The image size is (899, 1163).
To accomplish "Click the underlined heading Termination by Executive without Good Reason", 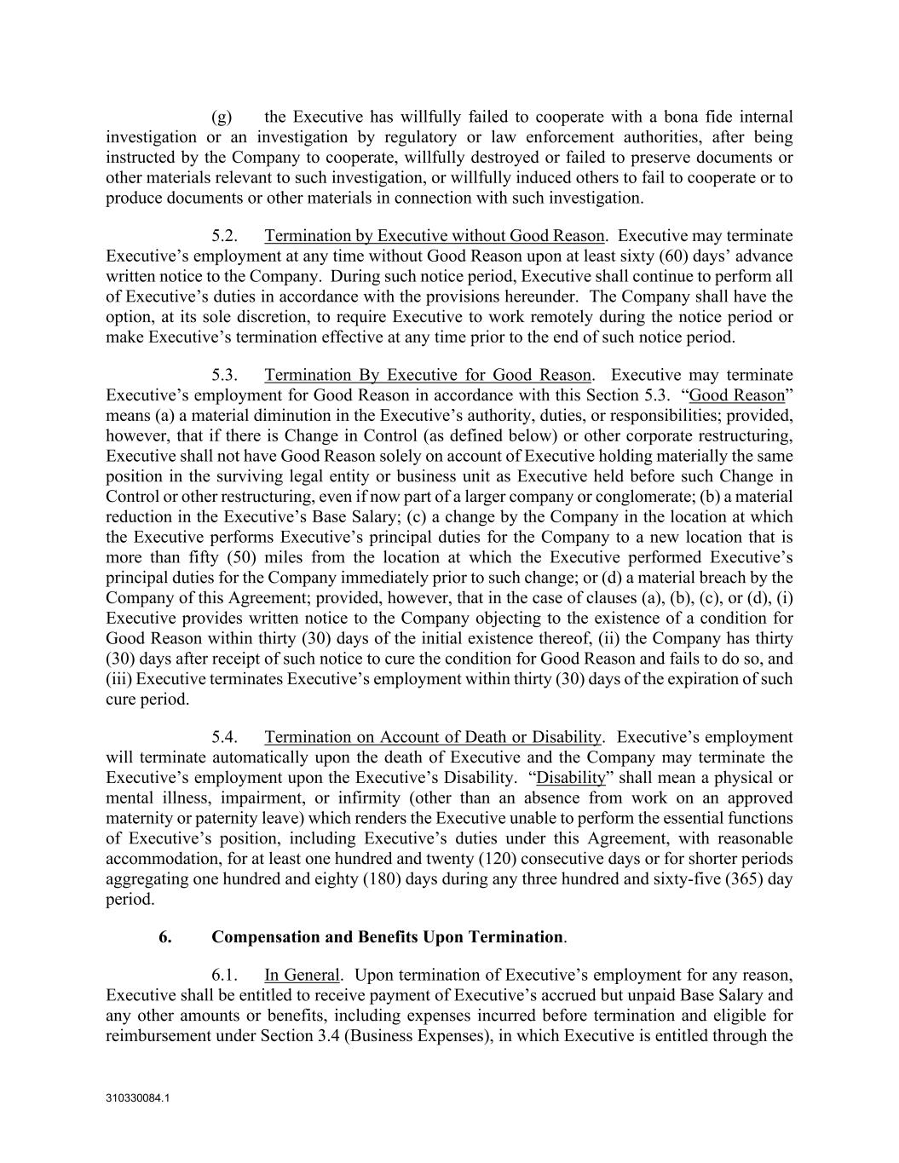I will pos(435,235).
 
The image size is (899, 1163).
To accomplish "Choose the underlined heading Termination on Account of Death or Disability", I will pos(433,737).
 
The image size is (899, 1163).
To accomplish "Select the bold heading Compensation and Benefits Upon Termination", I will pos(387,937).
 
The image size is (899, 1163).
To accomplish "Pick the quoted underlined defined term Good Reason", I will pos(736,395).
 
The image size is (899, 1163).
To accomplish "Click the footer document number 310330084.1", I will pos(138,1098).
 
